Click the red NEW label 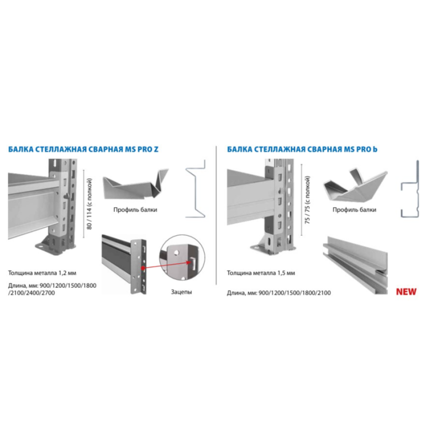(x=406, y=292)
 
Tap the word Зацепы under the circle (x=181, y=292)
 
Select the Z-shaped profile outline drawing (x=196, y=189)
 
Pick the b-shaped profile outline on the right (x=410, y=189)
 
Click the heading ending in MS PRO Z (x=83, y=149)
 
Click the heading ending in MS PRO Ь (x=302, y=149)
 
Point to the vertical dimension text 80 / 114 (x=90, y=203)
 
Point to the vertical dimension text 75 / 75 (x=307, y=200)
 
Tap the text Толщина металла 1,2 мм (x=42, y=273)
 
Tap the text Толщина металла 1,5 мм (x=261, y=273)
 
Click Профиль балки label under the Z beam (x=135, y=210)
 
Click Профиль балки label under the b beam (x=354, y=210)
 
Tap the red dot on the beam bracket (x=143, y=268)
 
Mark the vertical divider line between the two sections (x=216, y=215)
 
